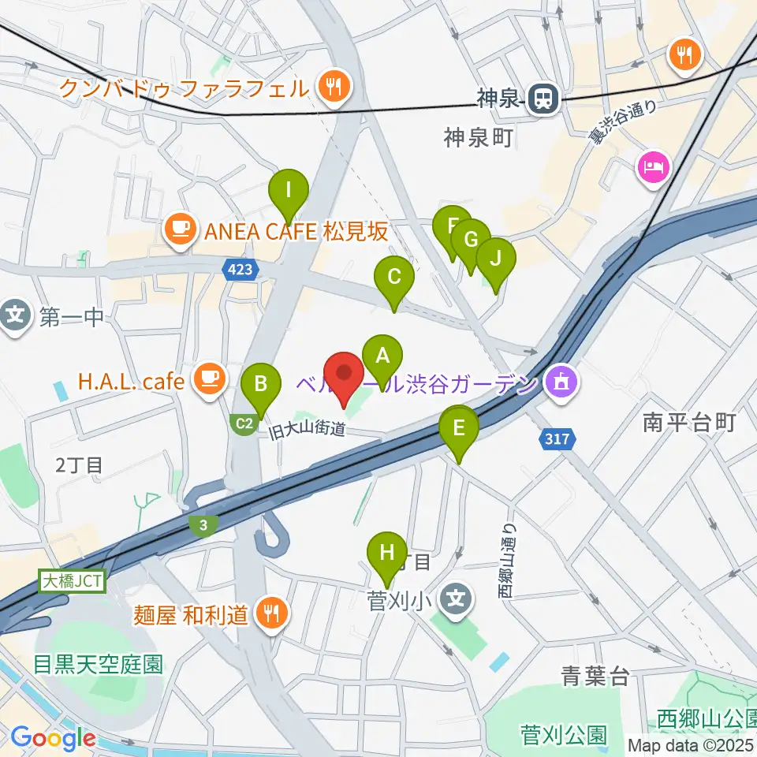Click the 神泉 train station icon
(543, 99)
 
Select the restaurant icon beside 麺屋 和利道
(272, 612)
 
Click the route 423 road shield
(241, 270)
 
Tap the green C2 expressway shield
(244, 424)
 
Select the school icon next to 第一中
(15, 318)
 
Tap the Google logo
(52, 738)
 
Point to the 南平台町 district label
(688, 423)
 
